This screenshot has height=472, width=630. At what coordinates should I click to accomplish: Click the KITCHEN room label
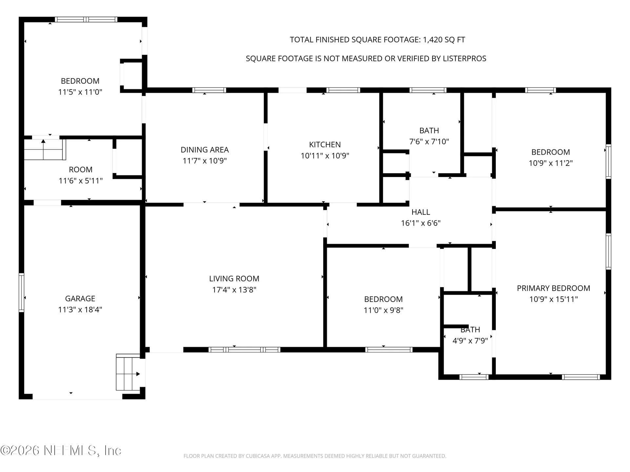coord(325,145)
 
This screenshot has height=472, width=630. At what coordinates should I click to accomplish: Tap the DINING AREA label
coord(205,150)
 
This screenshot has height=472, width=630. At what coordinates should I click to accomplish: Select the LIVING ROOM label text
coord(234,279)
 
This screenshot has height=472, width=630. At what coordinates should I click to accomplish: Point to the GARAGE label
coord(80,299)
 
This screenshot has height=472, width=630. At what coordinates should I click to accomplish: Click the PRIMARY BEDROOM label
coord(554,288)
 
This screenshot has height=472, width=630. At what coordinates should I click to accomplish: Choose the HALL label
coord(421,212)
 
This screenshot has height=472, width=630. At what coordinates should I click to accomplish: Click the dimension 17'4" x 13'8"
coord(234,290)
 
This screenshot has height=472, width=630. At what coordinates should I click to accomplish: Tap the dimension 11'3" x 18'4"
coord(80,309)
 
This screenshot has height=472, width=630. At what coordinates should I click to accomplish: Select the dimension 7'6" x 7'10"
coord(429,142)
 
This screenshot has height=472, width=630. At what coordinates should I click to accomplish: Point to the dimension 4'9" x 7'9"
coord(470,341)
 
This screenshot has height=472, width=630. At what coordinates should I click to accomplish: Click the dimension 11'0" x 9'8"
coord(384,310)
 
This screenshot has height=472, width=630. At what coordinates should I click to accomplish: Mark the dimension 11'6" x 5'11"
coord(81,181)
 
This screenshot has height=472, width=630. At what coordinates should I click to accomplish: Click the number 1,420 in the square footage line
coord(432,40)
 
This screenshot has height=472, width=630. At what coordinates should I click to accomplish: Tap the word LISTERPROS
coord(464,58)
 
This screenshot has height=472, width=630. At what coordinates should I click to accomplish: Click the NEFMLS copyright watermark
coord(61,450)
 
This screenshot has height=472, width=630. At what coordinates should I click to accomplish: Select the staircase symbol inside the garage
coord(128,372)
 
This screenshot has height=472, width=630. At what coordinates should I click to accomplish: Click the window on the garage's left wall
coord(21,293)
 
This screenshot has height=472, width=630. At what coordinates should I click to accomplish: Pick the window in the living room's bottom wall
coord(244,350)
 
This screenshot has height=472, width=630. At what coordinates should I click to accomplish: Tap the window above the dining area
coord(209,90)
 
